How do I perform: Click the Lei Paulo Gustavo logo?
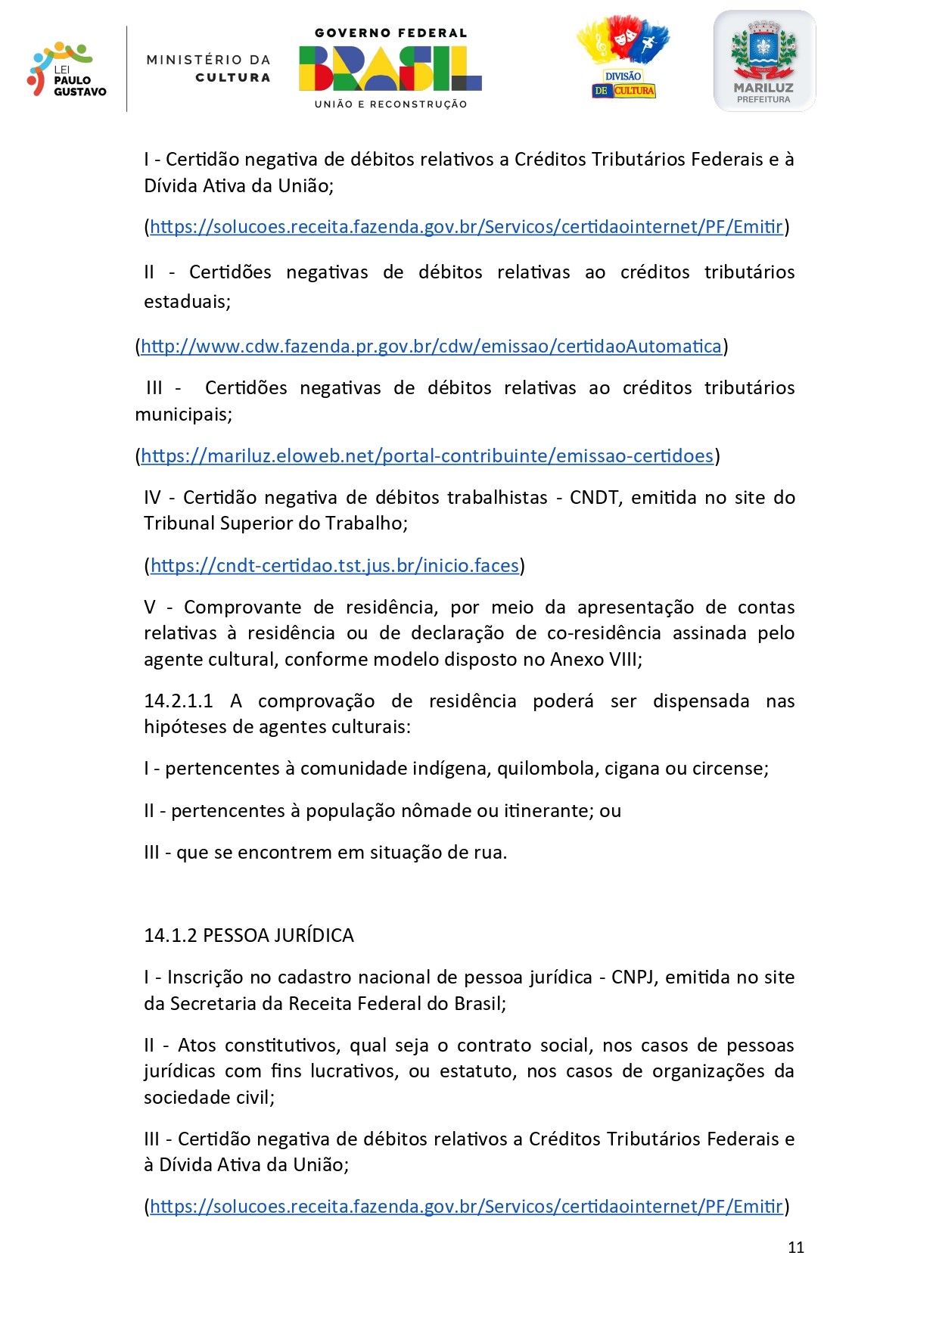pyautogui.click(x=67, y=70)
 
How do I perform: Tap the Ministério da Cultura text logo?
pyautogui.click(x=208, y=68)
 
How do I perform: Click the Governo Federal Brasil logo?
pyautogui.click(x=390, y=68)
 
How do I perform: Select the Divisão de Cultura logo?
pyautogui.click(x=623, y=59)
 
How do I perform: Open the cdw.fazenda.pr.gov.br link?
pyautogui.click(x=431, y=347)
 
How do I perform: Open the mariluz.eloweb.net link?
pyautogui.click(x=428, y=456)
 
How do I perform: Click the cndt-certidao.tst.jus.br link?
pyautogui.click(x=334, y=566)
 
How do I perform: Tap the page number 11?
pyautogui.click(x=796, y=1248)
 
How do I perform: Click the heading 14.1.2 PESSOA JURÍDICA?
pyautogui.click(x=249, y=936)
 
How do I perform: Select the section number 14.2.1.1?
pyautogui.click(x=179, y=701)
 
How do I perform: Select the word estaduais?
pyautogui.click(x=187, y=302)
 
